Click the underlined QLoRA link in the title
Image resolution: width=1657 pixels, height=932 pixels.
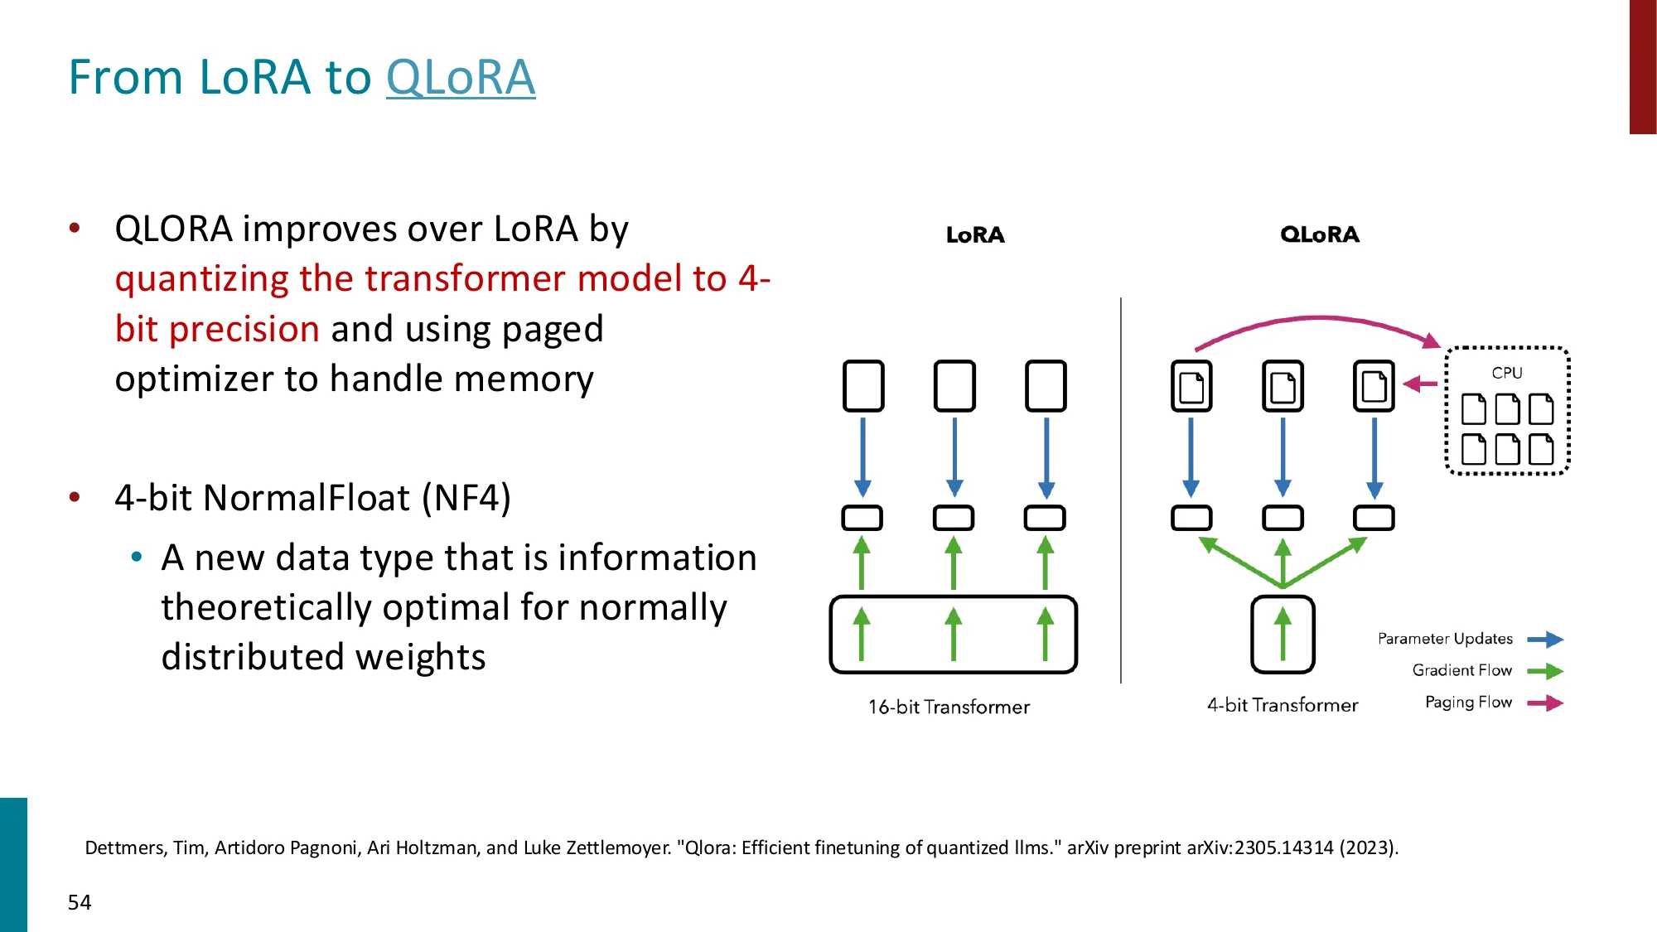coord(461,78)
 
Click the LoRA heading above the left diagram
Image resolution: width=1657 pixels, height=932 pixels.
coord(975,235)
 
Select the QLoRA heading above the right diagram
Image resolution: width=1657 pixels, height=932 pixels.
coord(1319,234)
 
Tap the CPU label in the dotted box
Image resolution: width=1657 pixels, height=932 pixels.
coord(1506,373)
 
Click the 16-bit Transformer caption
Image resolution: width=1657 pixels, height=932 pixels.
coord(949,707)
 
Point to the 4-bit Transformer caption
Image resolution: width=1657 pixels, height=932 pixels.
coord(1282,705)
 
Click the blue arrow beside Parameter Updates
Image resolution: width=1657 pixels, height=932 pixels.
coord(1545,639)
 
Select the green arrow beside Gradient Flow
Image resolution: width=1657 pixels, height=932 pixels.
coord(1545,671)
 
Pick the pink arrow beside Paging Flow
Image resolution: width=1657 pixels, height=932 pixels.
coord(1545,703)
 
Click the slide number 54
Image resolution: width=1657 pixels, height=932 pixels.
coord(80,902)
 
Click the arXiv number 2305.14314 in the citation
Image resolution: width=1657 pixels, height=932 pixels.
coord(1283,847)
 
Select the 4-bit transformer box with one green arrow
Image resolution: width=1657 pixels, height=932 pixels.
coord(1283,635)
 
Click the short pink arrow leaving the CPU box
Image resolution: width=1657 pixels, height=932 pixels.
coord(1420,384)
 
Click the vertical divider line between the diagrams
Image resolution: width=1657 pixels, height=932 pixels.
coord(1121,489)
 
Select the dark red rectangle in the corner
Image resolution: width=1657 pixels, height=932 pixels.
coord(1642,66)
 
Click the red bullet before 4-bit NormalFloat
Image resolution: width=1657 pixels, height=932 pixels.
coord(75,497)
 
